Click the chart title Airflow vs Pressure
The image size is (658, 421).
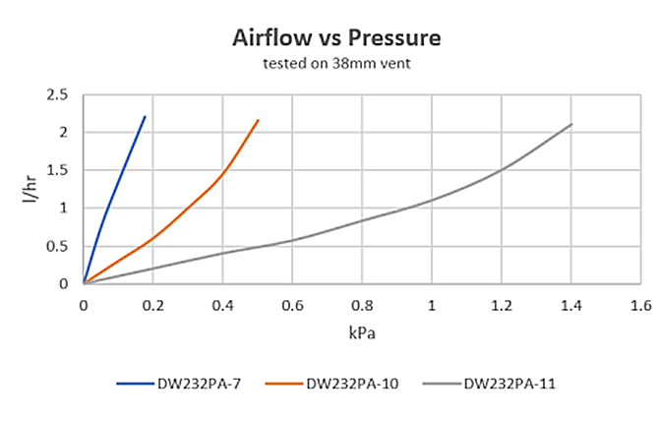(x=336, y=38)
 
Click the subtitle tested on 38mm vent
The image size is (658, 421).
(x=336, y=65)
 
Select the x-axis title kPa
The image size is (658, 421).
(x=361, y=332)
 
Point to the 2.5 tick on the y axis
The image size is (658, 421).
(x=60, y=95)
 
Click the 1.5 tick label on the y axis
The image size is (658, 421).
(x=60, y=170)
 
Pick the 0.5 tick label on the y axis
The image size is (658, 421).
(x=60, y=246)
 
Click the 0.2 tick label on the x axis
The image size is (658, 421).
(x=153, y=304)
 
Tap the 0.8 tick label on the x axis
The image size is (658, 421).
(x=362, y=304)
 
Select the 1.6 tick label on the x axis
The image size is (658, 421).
(x=640, y=304)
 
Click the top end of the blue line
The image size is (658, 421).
(x=145, y=117)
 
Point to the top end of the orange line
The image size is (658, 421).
(x=258, y=121)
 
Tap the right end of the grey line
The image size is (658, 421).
(x=570, y=124)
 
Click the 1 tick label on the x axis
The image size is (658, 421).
(x=431, y=304)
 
